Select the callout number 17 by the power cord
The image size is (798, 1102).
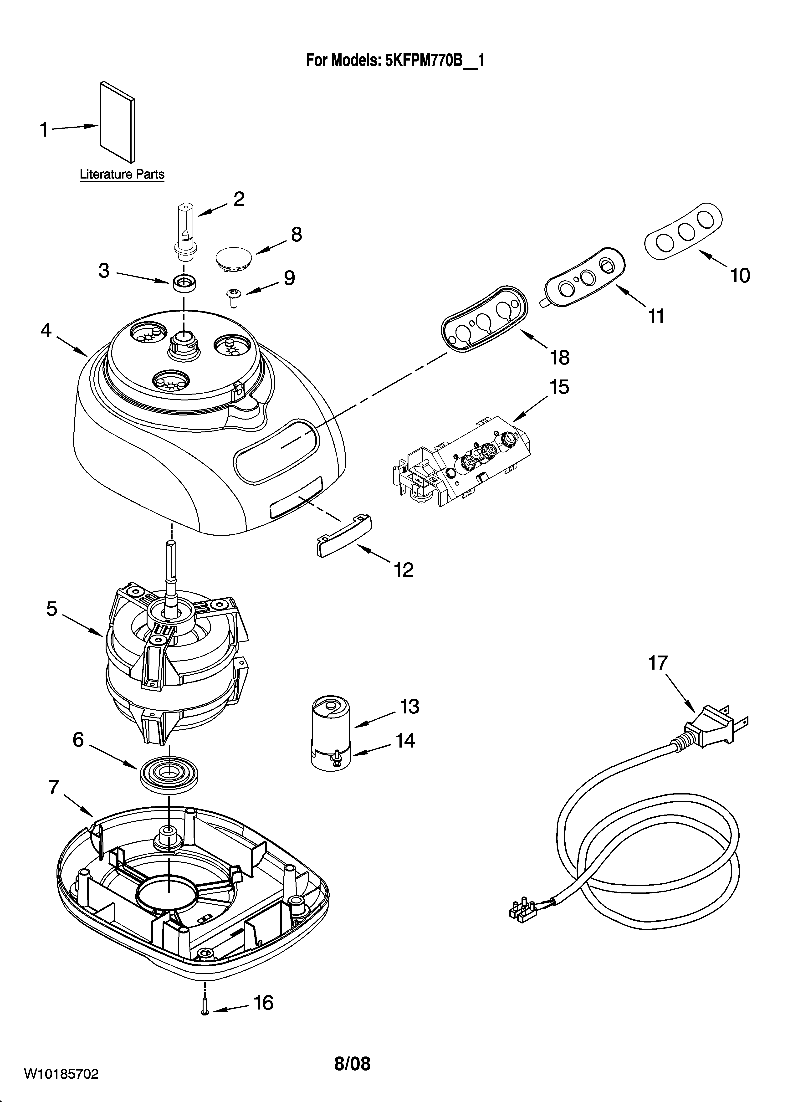658,663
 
